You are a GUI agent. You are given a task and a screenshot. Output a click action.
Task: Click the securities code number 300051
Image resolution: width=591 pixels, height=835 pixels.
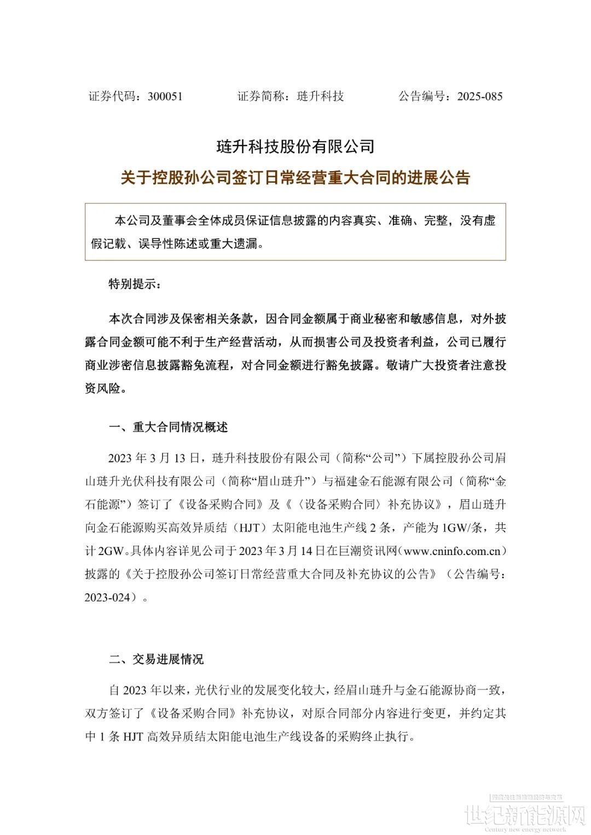[165, 97]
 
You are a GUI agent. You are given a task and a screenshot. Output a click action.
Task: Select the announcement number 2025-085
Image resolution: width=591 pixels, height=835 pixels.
[480, 97]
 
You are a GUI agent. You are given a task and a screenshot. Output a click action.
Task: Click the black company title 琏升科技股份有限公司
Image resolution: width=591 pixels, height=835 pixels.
[295, 146]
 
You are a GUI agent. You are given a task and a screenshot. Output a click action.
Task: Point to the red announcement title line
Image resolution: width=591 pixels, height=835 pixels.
[295, 178]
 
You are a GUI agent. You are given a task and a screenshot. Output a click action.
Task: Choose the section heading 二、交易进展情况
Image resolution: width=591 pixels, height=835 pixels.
[157, 659]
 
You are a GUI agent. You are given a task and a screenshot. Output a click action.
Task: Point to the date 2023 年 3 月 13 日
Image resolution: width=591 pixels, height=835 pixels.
[156, 457]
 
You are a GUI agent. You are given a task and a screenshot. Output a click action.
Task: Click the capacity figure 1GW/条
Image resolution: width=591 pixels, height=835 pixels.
[460, 528]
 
